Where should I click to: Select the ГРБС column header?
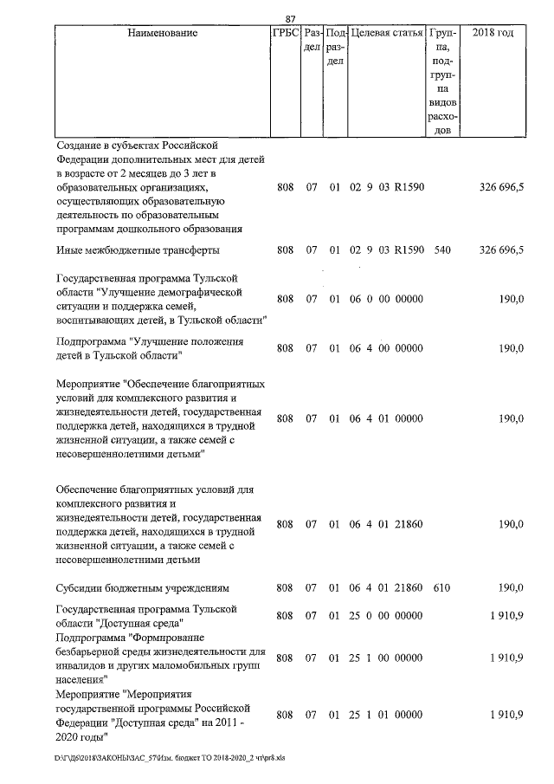(285, 33)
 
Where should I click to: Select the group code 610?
(441, 588)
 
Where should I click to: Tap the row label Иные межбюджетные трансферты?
(137, 249)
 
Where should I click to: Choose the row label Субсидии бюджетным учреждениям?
(141, 588)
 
